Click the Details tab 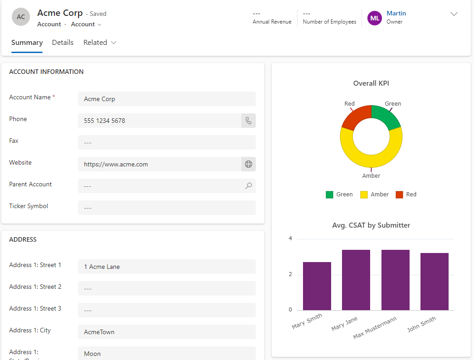[63, 43]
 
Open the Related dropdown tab [100, 43]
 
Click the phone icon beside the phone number [249, 121]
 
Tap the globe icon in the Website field [249, 164]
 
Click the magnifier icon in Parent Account [249, 186]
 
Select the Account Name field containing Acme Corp [167, 99]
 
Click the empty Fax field [167, 142]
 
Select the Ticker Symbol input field [167, 208]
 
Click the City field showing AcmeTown [167, 332]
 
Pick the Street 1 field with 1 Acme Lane [167, 267]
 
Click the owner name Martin [396, 13]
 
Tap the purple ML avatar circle [375, 18]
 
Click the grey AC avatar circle [21, 17]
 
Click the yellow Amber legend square [364, 195]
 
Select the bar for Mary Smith [317, 286]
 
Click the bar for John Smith [435, 282]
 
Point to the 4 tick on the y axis [290, 238]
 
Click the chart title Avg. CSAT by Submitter [371, 225]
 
